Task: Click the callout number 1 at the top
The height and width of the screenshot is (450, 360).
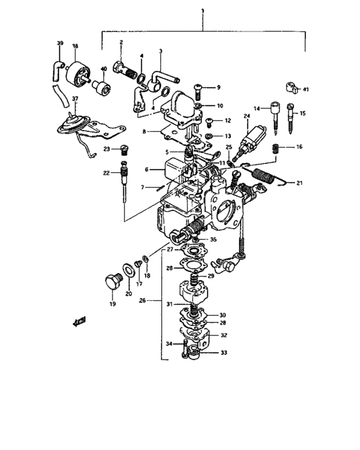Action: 203,11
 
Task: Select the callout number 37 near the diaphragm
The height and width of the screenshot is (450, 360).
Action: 75,100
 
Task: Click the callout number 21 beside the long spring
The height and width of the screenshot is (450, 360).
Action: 298,183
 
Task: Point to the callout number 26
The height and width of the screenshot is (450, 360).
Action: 143,299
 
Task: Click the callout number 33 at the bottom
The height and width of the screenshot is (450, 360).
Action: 224,352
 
